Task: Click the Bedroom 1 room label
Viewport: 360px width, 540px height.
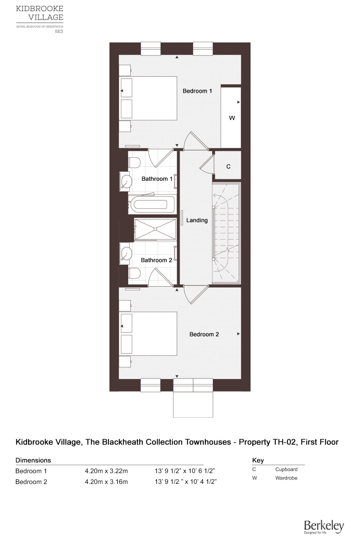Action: click(x=197, y=91)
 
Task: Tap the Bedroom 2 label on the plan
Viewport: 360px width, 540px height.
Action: click(x=204, y=334)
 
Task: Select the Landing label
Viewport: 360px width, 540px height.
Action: click(x=197, y=220)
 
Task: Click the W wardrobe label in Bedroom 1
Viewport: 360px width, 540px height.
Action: click(x=232, y=118)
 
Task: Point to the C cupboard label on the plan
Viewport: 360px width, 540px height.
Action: click(x=228, y=166)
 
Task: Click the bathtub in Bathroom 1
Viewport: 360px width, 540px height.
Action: click(x=151, y=204)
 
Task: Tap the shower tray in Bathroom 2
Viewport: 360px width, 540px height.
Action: click(x=155, y=229)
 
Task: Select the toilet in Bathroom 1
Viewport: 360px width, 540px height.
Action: click(x=134, y=163)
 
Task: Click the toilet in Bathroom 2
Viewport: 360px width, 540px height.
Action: click(x=134, y=273)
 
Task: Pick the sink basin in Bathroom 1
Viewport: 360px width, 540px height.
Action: click(x=126, y=181)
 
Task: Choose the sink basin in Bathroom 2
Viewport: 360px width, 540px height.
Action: click(x=126, y=254)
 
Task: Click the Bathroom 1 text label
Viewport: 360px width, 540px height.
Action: click(x=157, y=179)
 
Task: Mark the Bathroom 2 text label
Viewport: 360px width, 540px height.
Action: click(x=157, y=260)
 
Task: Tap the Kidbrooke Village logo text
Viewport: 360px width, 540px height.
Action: click(x=40, y=13)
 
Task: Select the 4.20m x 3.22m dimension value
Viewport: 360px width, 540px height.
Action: click(x=106, y=471)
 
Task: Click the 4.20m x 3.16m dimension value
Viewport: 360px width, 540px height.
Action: click(x=106, y=482)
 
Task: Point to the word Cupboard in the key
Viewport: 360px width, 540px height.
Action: click(x=286, y=469)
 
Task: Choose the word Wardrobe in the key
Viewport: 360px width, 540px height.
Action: click(x=286, y=478)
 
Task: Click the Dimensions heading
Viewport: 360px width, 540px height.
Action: click(x=33, y=460)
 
